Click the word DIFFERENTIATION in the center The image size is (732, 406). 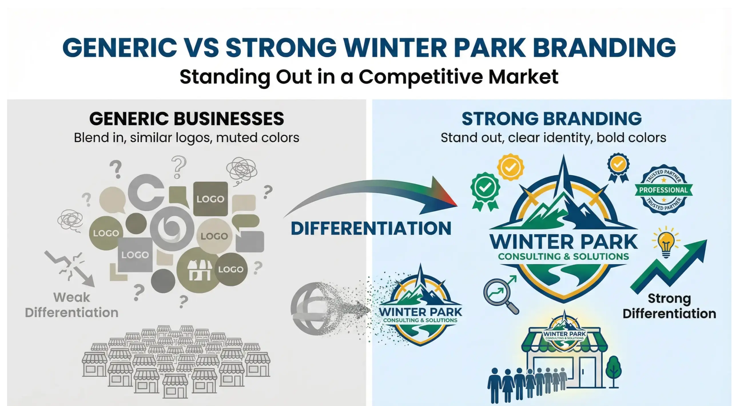point(371,229)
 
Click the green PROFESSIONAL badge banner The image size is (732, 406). point(663,190)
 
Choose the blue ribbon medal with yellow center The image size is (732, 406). point(618,166)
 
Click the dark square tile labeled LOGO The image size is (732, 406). point(210,199)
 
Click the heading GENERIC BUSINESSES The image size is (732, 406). point(186,119)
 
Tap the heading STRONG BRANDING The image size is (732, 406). point(552,119)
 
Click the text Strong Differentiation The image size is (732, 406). point(669,306)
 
